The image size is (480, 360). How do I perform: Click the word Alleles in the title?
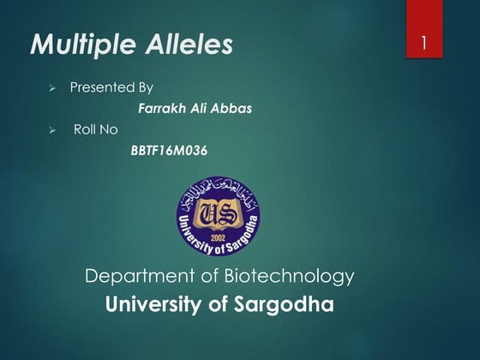coord(189,45)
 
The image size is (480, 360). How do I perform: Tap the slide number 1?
coord(423,43)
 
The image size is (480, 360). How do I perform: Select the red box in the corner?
coord(423,29)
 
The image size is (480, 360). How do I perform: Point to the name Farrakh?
coord(162,109)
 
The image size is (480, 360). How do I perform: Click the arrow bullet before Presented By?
coord(52,88)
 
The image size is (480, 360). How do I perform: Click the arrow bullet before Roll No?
coord(52,130)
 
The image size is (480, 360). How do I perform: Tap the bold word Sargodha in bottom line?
coord(280,304)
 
